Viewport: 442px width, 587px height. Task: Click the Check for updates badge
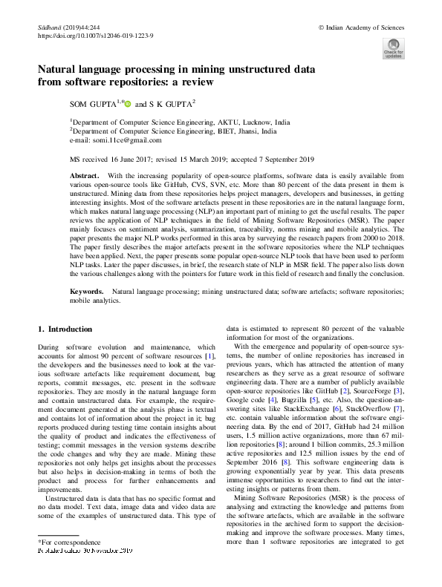coord(393,49)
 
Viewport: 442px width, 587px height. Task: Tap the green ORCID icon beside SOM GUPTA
coord(127,104)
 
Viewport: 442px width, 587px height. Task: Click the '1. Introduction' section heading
coord(65,329)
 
